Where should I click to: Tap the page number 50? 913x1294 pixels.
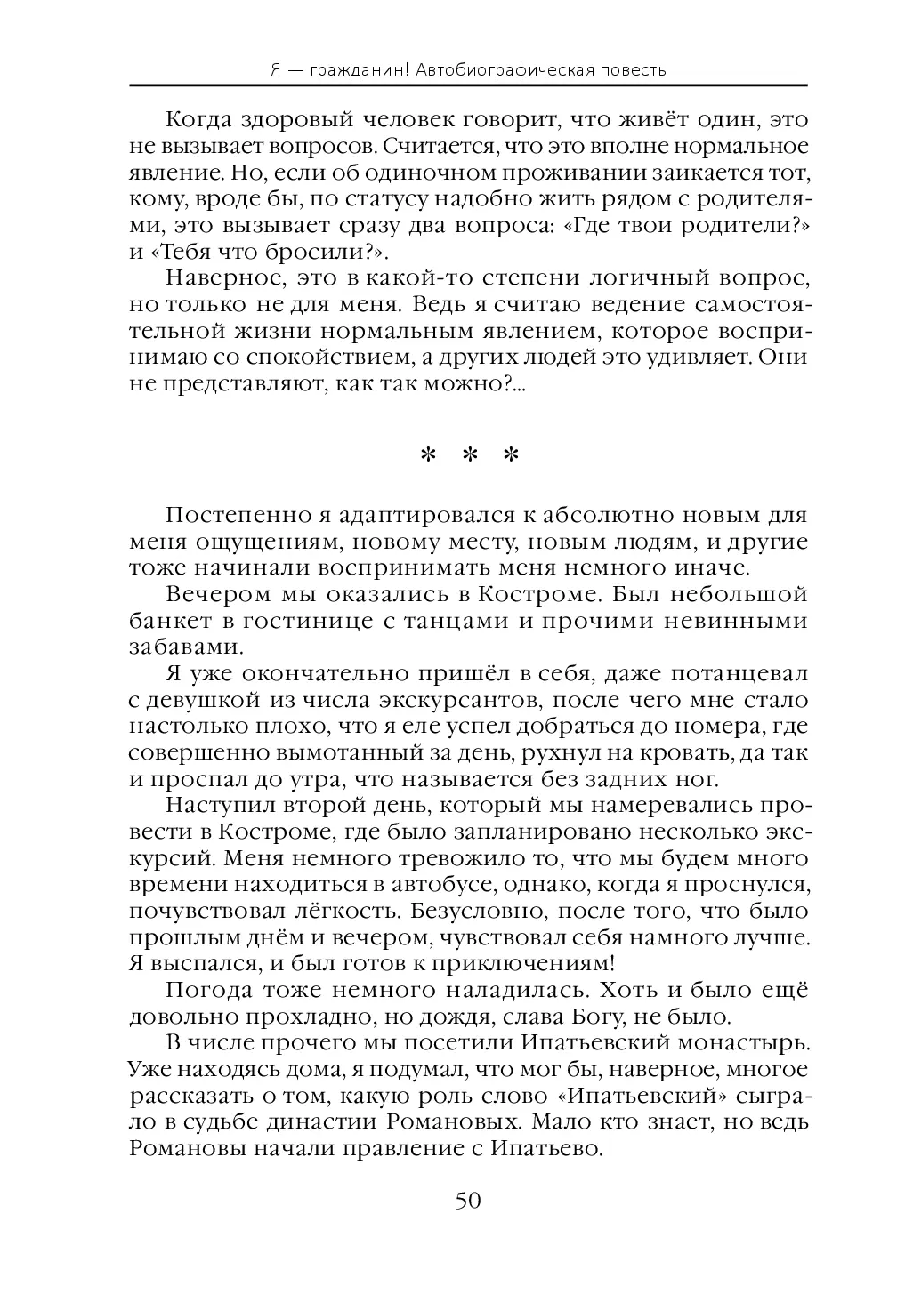tap(468, 1202)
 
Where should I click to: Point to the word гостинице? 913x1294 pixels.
tap(308, 621)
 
